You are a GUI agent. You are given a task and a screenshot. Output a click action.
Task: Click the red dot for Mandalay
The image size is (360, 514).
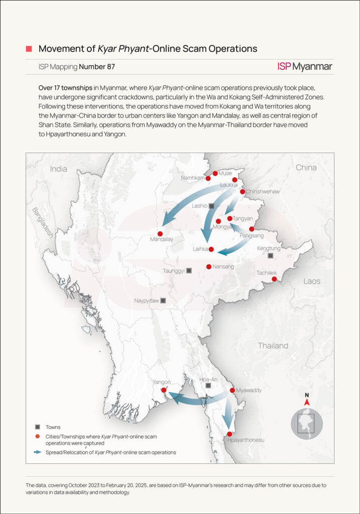coord(160,233)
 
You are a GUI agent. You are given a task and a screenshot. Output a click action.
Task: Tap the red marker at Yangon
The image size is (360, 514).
coord(164,390)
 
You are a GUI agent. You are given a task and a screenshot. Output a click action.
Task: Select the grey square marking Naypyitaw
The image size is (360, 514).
coord(163,301)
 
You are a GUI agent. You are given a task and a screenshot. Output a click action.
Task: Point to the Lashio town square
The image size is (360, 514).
coord(211,206)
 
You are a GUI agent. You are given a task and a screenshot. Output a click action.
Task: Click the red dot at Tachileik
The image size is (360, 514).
coord(274,279)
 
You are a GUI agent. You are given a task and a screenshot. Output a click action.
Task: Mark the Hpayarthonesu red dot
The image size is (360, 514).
coord(229,434)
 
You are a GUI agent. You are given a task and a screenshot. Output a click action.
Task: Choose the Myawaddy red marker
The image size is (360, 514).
coord(232,390)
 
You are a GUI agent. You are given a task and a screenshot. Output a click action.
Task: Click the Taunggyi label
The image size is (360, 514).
coord(173,271)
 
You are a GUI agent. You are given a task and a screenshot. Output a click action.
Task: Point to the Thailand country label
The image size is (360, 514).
coord(273,345)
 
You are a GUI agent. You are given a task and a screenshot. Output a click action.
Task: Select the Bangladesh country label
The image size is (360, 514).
coord(43,222)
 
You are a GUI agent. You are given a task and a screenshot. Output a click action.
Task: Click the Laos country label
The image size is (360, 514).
coord(312,281)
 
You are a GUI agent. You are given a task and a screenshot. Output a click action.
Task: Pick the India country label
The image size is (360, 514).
coord(58,169)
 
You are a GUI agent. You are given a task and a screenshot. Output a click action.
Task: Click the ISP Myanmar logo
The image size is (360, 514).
coord(304,66)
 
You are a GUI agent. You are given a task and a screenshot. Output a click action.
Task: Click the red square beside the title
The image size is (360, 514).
coord(29,49)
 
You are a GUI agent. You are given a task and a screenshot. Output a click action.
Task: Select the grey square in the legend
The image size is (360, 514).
coord(37,427)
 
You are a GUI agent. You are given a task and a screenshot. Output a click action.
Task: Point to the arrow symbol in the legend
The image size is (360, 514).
coord(37,452)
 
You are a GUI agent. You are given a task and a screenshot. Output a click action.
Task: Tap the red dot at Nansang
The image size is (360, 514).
coord(209,267)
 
